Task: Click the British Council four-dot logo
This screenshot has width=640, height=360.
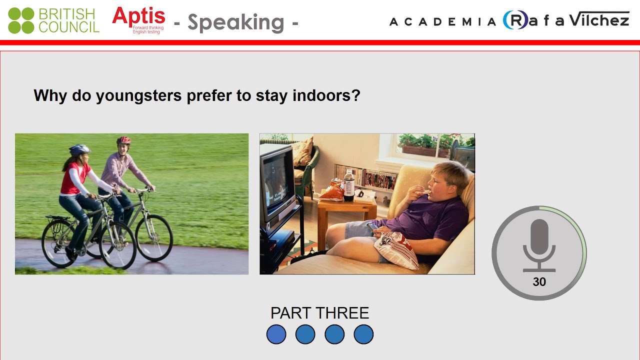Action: [x=21, y=20]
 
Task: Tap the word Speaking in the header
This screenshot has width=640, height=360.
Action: [x=235, y=22]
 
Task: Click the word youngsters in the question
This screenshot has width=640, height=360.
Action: [x=138, y=95]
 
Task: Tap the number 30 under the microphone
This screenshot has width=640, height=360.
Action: [x=539, y=282]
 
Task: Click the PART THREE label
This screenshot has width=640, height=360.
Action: [x=319, y=313]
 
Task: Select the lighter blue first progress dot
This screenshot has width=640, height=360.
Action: [x=276, y=334]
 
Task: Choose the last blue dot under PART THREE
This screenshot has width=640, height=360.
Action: [x=363, y=334]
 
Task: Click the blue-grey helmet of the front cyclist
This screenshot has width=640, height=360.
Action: [x=79, y=149]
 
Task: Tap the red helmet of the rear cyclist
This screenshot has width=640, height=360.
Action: [x=123, y=140]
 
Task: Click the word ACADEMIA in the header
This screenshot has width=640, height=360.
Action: [x=442, y=21]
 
